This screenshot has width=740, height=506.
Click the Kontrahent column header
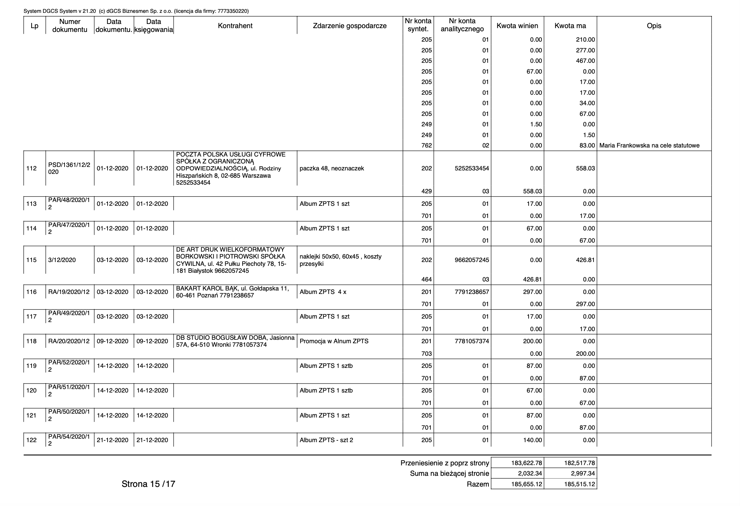click(235, 26)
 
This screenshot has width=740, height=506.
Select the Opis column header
click(654, 26)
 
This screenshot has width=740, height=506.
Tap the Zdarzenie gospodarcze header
click(350, 26)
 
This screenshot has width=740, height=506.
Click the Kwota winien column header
click(517, 26)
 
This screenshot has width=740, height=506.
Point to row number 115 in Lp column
click(31, 260)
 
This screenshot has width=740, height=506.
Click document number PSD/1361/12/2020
click(69, 168)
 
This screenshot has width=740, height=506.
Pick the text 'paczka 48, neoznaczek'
click(331, 168)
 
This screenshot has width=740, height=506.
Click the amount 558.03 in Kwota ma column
click(586, 168)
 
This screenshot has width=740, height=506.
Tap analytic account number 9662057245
click(472, 260)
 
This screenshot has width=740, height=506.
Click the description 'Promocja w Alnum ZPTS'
click(334, 341)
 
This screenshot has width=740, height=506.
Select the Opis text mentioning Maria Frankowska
click(649, 145)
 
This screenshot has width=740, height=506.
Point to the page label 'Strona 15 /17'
click(148, 484)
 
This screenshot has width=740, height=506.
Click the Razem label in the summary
click(478, 484)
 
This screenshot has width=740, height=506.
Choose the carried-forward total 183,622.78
click(527, 463)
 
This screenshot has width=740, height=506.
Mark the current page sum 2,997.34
click(579, 473)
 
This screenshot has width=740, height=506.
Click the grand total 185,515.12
click(579, 484)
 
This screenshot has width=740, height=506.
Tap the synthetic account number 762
click(427, 145)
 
